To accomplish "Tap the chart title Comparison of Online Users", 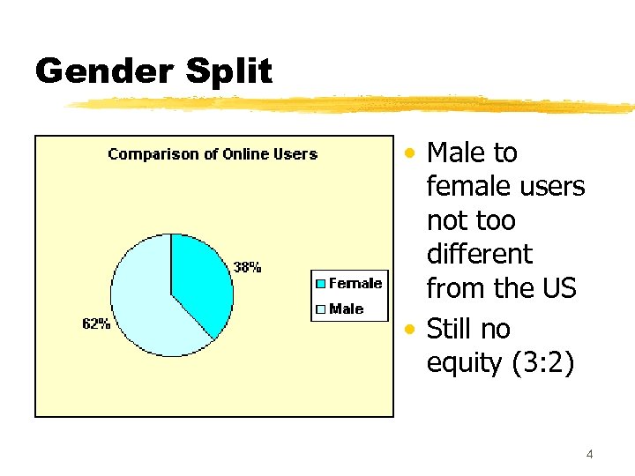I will (213, 154).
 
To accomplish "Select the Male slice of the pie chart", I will (146, 304).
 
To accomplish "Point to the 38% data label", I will (247, 267).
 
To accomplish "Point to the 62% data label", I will (96, 324).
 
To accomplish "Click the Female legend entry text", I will (355, 283).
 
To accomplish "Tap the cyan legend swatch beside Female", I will (321, 283).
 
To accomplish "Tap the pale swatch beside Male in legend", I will (321, 309).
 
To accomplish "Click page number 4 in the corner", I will (589, 455).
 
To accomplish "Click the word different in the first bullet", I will (479, 254).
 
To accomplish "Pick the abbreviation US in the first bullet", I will (557, 288).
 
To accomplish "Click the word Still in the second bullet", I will (450, 329).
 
